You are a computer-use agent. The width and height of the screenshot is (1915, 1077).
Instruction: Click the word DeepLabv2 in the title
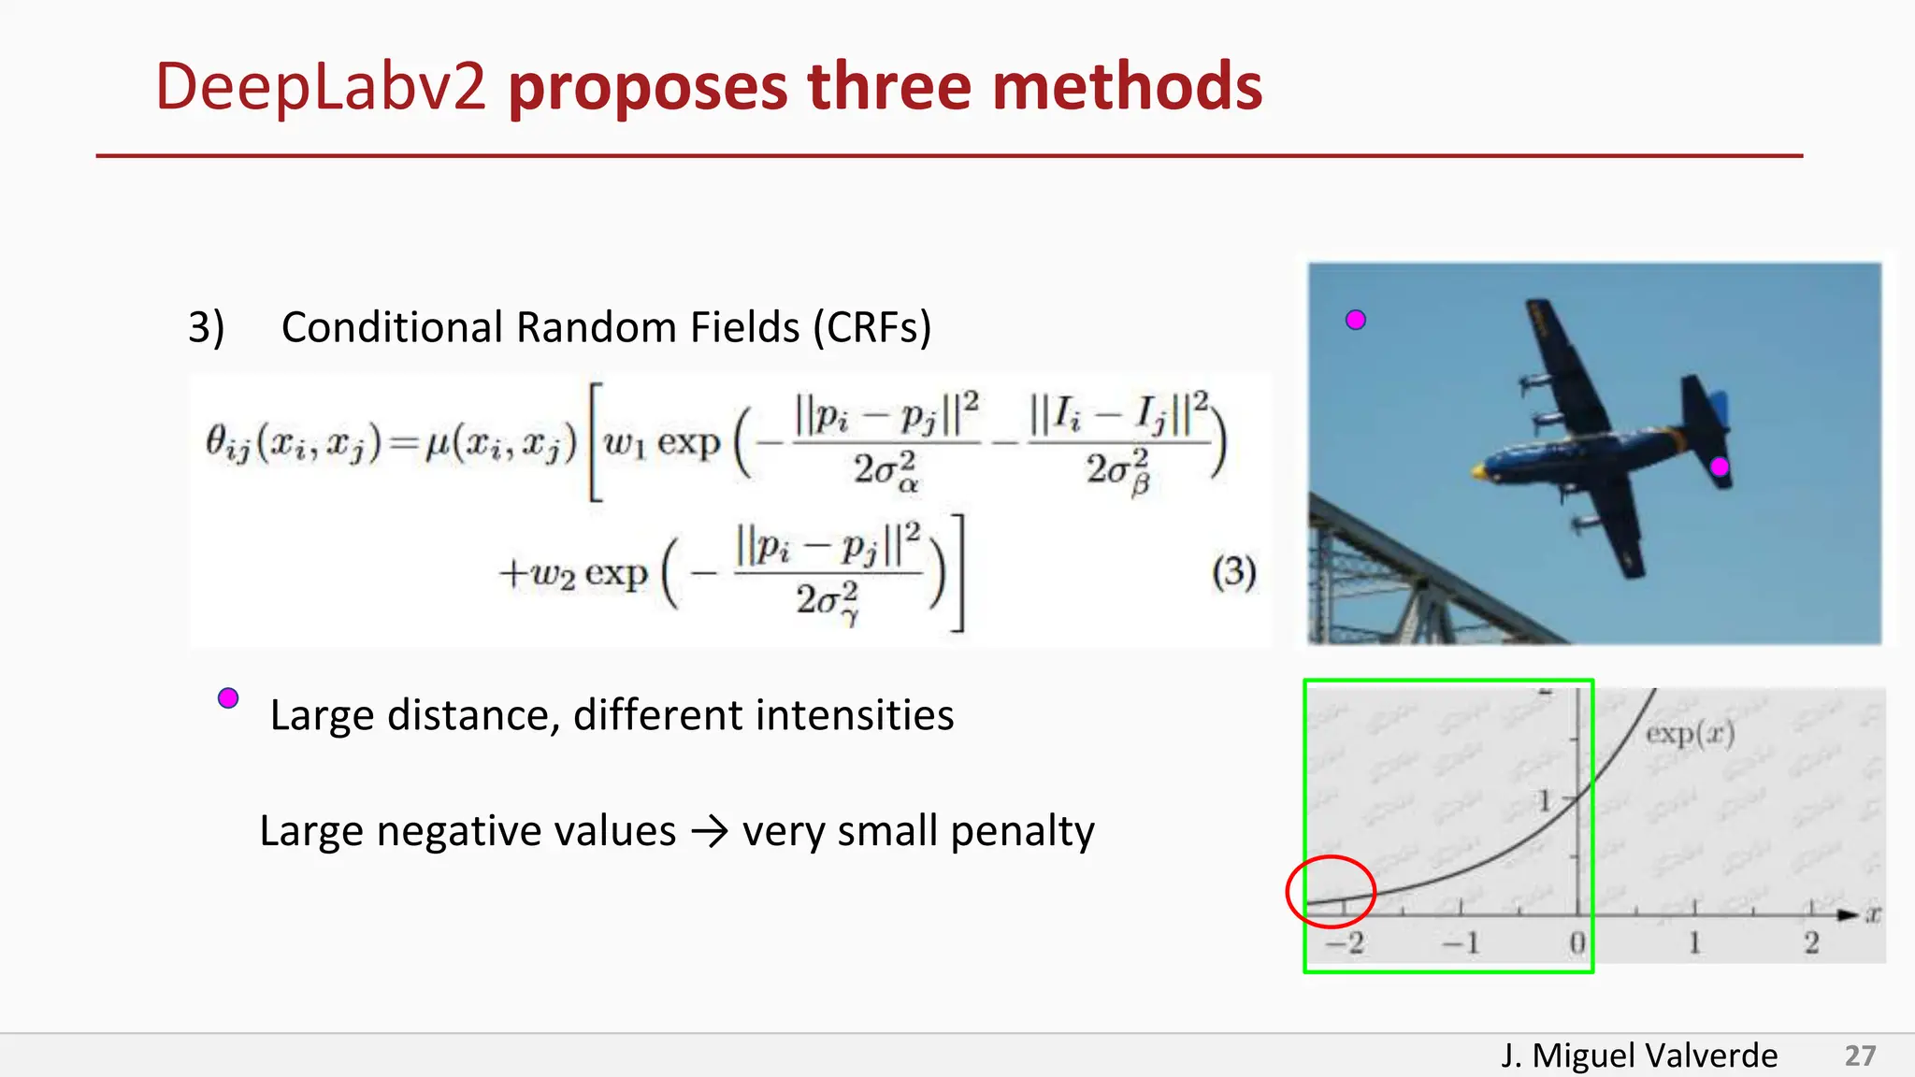(x=320, y=87)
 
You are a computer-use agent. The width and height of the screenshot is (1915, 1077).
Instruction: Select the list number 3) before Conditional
(x=206, y=328)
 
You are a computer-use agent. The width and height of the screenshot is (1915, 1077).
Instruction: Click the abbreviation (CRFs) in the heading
(x=871, y=328)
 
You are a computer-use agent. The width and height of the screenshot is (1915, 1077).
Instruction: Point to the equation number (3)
(x=1233, y=571)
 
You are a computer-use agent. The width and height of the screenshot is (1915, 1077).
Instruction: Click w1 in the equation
(x=625, y=443)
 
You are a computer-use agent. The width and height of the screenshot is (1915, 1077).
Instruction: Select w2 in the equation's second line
(x=553, y=572)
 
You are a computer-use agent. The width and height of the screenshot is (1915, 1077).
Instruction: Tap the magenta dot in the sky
(x=1355, y=321)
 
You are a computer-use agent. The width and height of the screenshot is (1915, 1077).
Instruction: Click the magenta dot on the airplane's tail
(x=1719, y=467)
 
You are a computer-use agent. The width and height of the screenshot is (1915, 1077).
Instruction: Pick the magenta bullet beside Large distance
(x=228, y=698)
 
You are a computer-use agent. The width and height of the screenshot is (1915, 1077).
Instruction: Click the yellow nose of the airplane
(x=1478, y=471)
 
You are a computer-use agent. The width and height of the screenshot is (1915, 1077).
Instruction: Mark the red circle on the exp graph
(x=1331, y=892)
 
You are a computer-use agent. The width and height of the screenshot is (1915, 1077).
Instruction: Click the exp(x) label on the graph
(x=1690, y=734)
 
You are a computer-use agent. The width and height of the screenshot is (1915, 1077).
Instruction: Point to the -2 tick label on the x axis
(x=1346, y=943)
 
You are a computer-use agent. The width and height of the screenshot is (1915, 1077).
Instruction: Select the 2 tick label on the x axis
(x=1811, y=943)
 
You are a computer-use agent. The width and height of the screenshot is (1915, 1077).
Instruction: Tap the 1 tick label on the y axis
(x=1544, y=800)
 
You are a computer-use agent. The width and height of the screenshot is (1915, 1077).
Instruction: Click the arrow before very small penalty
(x=709, y=831)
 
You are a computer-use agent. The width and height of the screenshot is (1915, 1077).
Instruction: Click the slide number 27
(x=1860, y=1055)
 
